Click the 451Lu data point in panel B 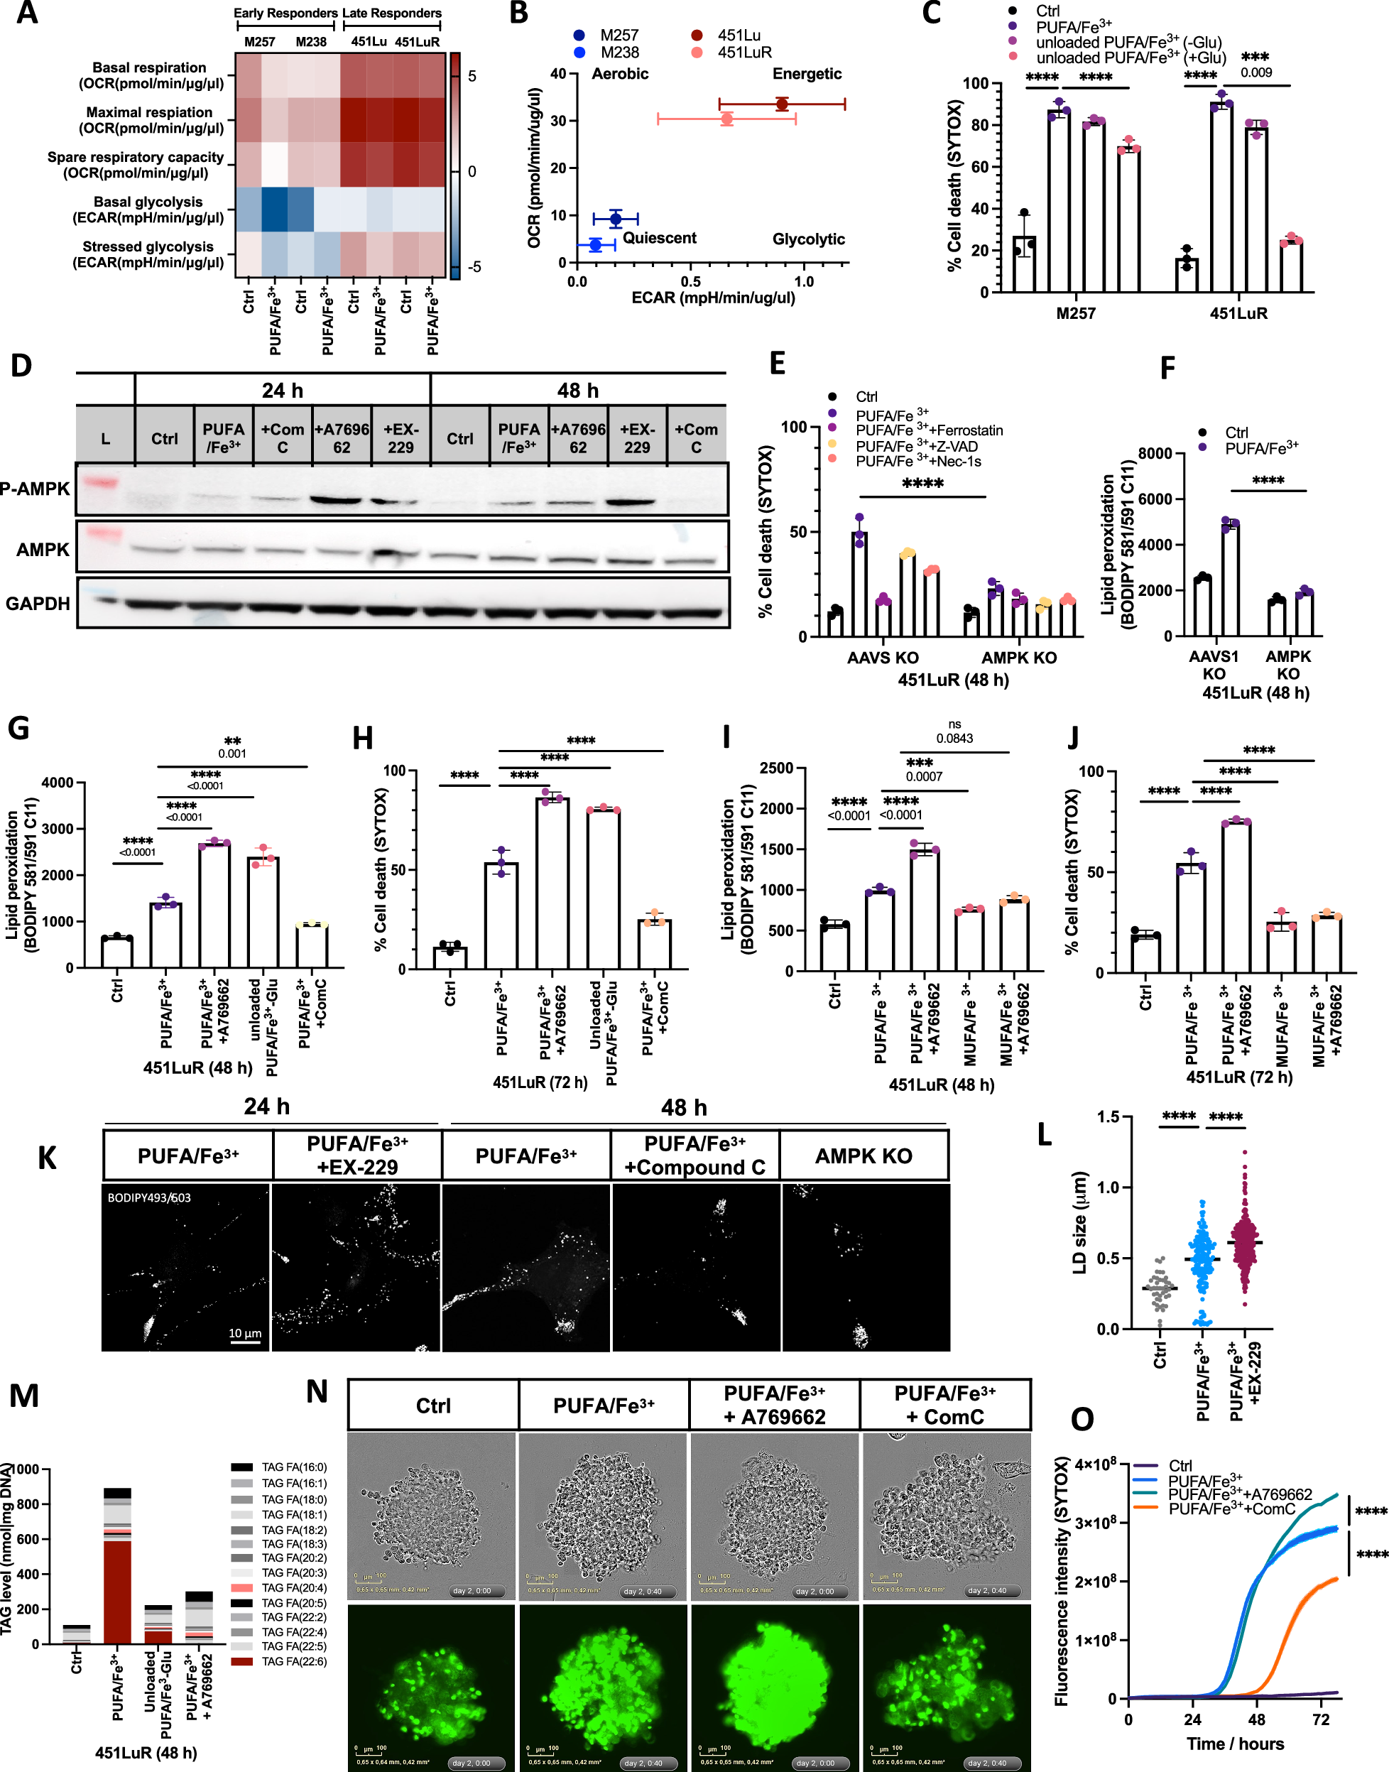pyautogui.click(x=782, y=104)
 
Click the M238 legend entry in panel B pyautogui.click(x=619, y=53)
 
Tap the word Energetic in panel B pyautogui.click(x=807, y=74)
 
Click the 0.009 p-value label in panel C pyautogui.click(x=1255, y=72)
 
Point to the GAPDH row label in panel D pyautogui.click(x=38, y=604)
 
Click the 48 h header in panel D pyautogui.click(x=577, y=391)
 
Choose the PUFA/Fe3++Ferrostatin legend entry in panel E pyautogui.click(x=929, y=430)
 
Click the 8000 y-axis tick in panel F pyautogui.click(x=1155, y=453)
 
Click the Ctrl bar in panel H pyautogui.click(x=450, y=957)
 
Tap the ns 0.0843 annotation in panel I pyautogui.click(x=954, y=733)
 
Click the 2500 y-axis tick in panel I pyautogui.click(x=777, y=768)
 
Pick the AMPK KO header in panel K pyautogui.click(x=864, y=1156)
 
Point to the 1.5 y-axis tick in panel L pyautogui.click(x=1108, y=1116)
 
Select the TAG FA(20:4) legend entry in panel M pyautogui.click(x=293, y=1587)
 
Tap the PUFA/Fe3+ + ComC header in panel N pyautogui.click(x=945, y=1404)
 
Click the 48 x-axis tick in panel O pyautogui.click(x=1256, y=1719)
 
